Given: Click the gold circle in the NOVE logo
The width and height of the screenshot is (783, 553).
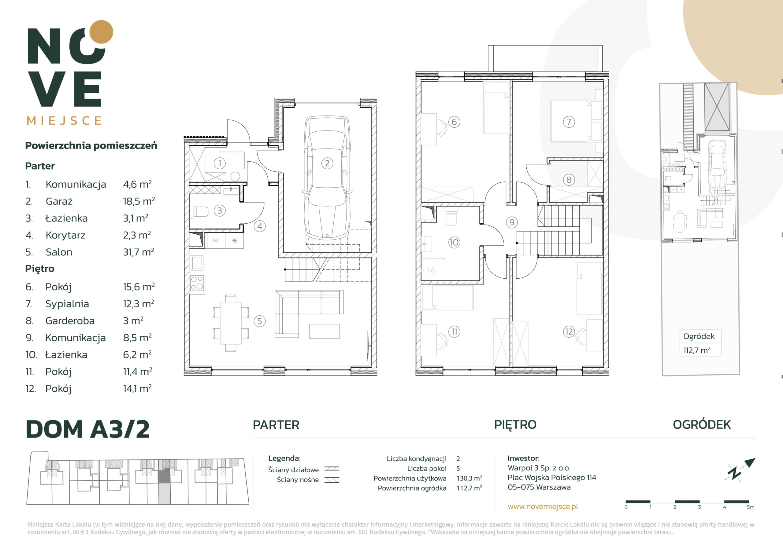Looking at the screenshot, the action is click(101, 32).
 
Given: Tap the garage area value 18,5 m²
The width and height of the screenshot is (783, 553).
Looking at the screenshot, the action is click(139, 201).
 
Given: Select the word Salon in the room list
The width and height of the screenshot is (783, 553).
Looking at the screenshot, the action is click(59, 252).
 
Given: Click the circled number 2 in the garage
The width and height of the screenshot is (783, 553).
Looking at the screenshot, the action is click(327, 163).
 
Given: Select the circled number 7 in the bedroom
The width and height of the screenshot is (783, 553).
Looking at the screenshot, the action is click(569, 122).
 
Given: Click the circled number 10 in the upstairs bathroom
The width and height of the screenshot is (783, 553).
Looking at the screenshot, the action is click(454, 243).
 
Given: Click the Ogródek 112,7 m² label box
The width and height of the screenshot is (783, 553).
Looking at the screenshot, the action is click(700, 343).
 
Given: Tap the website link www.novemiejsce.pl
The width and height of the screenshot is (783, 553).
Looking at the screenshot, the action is click(543, 506).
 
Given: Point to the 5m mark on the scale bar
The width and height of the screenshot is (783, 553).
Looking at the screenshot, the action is click(751, 507).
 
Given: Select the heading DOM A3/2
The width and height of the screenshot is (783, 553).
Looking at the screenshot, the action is click(88, 429).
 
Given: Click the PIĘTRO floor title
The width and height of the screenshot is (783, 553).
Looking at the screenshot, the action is click(515, 425).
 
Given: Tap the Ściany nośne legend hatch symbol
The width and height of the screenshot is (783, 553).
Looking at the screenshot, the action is click(332, 480).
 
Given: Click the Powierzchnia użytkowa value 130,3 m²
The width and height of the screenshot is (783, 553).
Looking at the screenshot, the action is click(469, 478).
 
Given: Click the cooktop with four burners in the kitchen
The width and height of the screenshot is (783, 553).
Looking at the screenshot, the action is click(197, 283).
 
